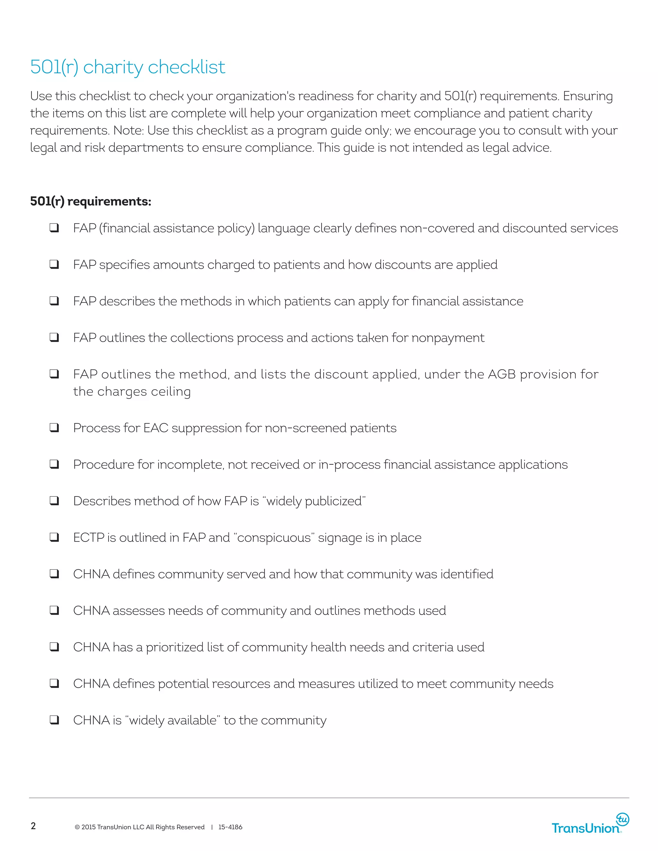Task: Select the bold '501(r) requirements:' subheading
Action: tap(90, 201)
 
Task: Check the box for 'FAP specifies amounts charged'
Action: tap(54, 264)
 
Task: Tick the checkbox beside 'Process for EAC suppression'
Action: tap(54, 427)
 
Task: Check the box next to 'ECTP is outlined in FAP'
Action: tap(54, 537)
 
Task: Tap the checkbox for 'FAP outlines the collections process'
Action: tap(54, 337)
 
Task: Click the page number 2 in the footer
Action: tap(33, 826)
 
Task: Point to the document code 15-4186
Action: tap(230, 827)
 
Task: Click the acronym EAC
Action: tap(156, 428)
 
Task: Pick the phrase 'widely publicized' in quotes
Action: tap(314, 501)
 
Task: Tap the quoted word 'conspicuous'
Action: tap(274, 537)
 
